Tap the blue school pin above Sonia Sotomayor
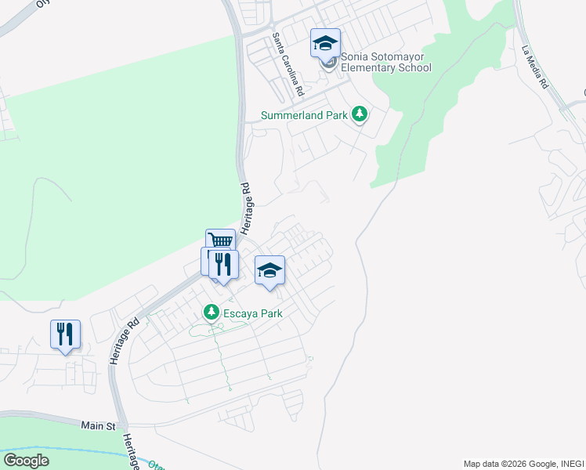click(325, 44)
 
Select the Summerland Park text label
click(304, 116)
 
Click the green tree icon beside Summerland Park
click(360, 115)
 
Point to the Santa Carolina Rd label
click(288, 64)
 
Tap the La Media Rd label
click(535, 67)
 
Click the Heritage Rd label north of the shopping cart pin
click(246, 205)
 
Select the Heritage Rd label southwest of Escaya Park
click(125, 339)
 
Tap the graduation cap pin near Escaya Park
click(270, 271)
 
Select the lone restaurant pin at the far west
click(65, 334)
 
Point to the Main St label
click(98, 425)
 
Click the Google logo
click(26, 461)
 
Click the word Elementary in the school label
click(371, 67)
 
